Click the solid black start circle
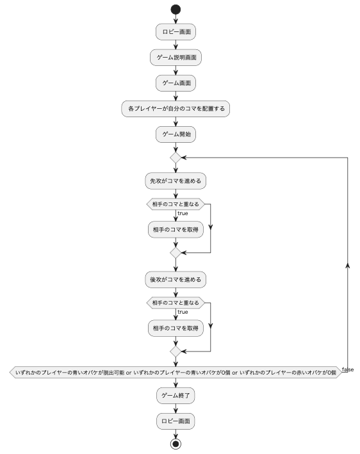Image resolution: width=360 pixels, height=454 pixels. tap(176, 10)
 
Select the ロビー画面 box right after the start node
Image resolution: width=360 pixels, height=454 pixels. tap(176, 31)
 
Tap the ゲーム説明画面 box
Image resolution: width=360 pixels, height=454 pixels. tap(176, 57)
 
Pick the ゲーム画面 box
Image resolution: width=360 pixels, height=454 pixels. tap(176, 83)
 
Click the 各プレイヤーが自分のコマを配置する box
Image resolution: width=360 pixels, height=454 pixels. tap(176, 109)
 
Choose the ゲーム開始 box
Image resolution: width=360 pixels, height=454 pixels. tap(176, 135)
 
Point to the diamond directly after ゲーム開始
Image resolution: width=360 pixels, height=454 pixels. tap(176, 157)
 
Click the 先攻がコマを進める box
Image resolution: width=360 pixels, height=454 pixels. tap(176, 181)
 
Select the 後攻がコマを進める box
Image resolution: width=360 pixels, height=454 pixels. tap(176, 280)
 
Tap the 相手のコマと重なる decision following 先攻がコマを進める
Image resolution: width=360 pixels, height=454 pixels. tap(174, 204)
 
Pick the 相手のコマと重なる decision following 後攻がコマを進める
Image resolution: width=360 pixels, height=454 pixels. tap(174, 303)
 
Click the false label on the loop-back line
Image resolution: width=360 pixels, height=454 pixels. tap(348, 369)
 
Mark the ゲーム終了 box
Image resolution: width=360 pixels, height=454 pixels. tap(176, 396)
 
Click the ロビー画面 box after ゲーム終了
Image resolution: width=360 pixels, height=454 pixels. tap(176, 422)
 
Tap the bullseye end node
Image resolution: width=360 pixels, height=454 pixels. tap(176, 444)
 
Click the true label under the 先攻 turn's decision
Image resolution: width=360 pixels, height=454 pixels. tap(183, 213)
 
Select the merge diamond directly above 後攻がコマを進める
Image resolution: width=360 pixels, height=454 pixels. tap(176, 254)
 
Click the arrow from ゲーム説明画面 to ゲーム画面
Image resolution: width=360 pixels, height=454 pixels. tap(176, 70)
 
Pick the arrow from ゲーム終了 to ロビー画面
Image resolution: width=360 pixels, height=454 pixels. tap(176, 409)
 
